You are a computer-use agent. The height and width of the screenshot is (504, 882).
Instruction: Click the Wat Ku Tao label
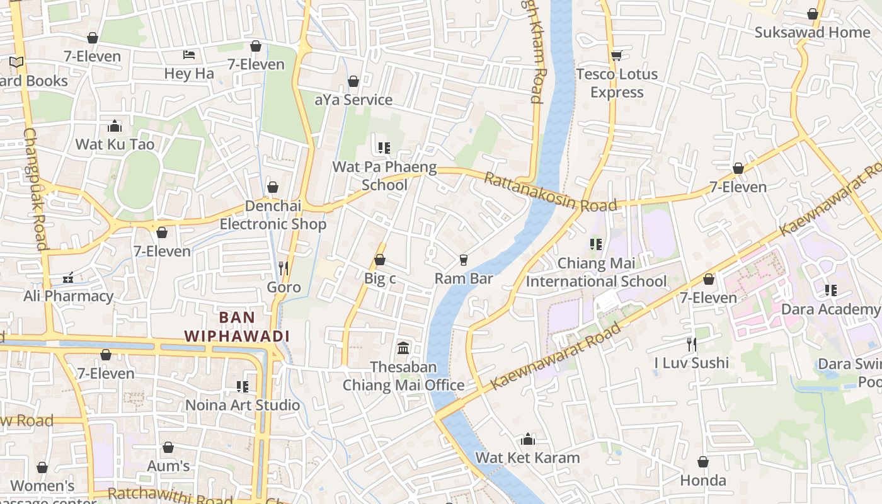coord(115,144)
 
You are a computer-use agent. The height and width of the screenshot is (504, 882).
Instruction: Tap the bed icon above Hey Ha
coord(188,55)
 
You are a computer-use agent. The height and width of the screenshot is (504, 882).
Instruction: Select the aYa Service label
coord(353,100)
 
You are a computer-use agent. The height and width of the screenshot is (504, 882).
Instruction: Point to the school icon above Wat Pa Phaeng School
coord(384,148)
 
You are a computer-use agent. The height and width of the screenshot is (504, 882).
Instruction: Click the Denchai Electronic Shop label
coord(273,215)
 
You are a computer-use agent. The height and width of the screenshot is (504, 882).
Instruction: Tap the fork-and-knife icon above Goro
coord(283,268)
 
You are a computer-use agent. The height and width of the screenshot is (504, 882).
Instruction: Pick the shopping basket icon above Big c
coord(380,260)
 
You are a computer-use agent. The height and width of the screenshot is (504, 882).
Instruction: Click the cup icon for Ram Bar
coord(464,260)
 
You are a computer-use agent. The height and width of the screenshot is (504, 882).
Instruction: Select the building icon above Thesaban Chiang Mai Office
coord(403,348)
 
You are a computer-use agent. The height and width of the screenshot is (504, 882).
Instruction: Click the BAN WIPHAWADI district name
coord(237,326)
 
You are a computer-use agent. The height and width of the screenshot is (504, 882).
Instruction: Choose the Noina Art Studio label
coord(243,405)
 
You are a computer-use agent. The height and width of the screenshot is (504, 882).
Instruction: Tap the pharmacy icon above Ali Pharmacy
coord(68,278)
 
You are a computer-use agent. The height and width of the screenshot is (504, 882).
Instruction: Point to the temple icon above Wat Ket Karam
coord(528,439)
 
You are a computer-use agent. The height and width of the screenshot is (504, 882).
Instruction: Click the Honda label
coord(703,481)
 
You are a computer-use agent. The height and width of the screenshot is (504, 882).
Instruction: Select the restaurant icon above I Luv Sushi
coord(692,344)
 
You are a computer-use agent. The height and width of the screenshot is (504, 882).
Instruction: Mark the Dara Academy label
coord(830,309)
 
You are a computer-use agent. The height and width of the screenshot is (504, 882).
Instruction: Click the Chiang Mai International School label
coord(596,272)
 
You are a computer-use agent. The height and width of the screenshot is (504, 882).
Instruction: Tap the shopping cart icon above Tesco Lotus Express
coord(617,55)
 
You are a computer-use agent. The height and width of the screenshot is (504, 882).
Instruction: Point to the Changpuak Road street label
coord(36,189)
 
